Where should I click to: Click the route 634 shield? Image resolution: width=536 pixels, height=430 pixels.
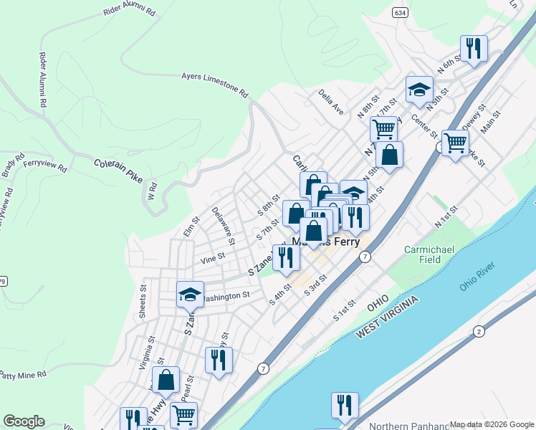tap(400, 11)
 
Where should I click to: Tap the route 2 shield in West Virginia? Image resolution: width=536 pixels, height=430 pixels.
tap(478, 330)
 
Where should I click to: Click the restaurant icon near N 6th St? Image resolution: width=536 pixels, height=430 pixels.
tap(473, 48)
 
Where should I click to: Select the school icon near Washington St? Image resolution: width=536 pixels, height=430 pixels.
tap(191, 294)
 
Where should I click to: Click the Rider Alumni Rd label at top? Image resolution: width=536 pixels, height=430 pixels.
tap(130, 10)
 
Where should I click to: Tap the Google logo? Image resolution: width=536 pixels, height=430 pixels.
tap(24, 421)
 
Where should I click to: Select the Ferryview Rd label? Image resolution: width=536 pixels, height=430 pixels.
tap(44, 167)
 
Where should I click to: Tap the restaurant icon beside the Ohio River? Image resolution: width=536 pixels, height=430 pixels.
tap(345, 405)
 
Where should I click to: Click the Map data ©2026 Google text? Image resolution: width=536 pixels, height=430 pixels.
tap(492, 424)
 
